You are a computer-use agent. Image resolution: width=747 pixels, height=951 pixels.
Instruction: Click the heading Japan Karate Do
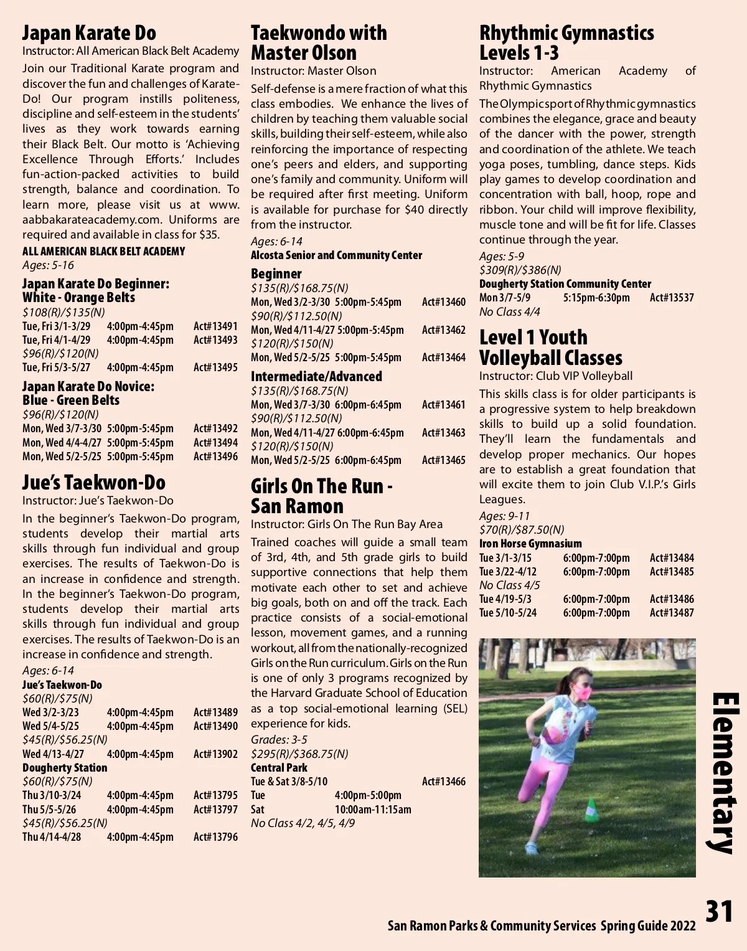[x=89, y=33]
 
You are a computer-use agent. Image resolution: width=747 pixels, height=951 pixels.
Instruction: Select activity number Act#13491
[x=215, y=326]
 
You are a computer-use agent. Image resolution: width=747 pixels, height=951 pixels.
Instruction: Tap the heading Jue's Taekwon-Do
[x=94, y=483]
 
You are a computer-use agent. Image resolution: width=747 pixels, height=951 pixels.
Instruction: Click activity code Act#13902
[x=215, y=754]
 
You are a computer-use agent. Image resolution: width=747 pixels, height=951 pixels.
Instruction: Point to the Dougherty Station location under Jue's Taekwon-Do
[x=65, y=768]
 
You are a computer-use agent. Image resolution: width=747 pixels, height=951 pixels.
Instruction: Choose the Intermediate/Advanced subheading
[x=316, y=377]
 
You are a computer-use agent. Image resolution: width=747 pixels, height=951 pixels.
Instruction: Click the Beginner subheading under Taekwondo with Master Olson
[x=276, y=274]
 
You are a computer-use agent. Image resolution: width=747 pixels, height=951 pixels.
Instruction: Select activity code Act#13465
[x=443, y=461]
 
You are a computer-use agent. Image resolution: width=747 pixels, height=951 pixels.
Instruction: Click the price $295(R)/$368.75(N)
[x=299, y=754]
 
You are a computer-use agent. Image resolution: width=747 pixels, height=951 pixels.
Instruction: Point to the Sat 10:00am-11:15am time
[x=372, y=810]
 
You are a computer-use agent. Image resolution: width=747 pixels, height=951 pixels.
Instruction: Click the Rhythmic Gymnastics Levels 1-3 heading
[x=566, y=42]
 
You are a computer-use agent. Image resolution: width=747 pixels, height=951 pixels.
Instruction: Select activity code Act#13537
[x=672, y=298]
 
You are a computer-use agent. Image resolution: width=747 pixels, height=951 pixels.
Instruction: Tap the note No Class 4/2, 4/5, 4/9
[x=303, y=823]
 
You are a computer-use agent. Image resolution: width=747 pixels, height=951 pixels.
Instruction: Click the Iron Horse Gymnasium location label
[x=530, y=544]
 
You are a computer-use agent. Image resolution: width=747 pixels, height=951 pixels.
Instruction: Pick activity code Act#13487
[x=672, y=613]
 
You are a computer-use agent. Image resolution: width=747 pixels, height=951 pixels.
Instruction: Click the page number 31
[x=719, y=912]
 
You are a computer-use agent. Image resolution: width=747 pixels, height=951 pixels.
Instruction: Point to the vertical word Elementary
[x=725, y=772]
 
